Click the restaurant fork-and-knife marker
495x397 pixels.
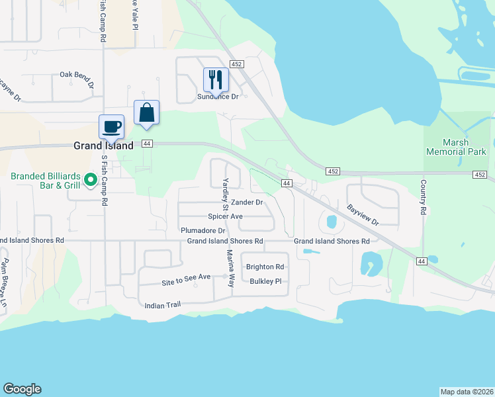click(215, 80)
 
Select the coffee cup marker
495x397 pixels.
click(111, 126)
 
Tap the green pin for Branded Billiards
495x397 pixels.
click(93, 179)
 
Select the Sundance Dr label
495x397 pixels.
click(218, 97)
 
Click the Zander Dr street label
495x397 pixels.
click(247, 202)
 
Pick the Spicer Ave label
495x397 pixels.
click(225, 216)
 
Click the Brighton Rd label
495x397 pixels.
click(265, 267)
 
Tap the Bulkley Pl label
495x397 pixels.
click(266, 281)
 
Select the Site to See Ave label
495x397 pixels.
click(186, 280)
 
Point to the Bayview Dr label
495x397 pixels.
click(363, 214)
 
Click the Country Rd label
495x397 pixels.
click(422, 197)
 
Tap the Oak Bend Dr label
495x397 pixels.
click(77, 75)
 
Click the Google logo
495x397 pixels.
click(22, 389)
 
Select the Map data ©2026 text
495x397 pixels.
click(467, 391)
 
